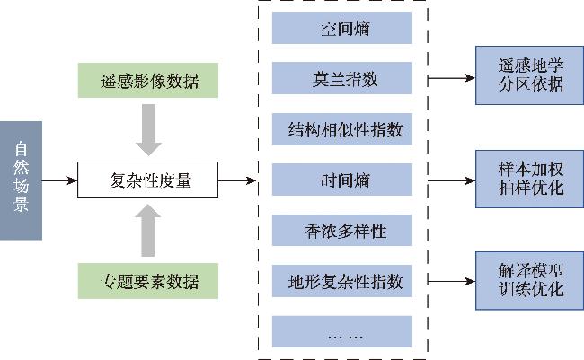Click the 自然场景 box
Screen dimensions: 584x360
[21, 180]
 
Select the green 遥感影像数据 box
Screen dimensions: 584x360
[148, 81]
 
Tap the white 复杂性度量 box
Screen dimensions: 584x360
[148, 180]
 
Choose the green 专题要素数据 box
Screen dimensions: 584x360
[148, 281]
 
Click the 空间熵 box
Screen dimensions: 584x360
[342, 28]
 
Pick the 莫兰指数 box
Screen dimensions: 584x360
[342, 78]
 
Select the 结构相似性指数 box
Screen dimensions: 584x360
[342, 129]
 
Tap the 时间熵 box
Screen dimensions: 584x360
[342, 180]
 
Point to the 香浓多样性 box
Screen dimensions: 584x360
[342, 230]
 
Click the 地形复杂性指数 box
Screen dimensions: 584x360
[342, 281]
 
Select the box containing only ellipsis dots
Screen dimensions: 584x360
[342, 331]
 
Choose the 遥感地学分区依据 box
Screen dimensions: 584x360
[529, 75]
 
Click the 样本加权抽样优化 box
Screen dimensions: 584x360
[529, 179]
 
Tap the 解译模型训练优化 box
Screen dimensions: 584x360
[529, 281]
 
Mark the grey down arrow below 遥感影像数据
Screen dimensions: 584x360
[148, 130]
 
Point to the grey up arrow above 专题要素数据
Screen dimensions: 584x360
[148, 231]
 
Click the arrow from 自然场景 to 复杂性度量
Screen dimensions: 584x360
[59, 181]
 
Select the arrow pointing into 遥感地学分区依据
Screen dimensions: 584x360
[451, 78]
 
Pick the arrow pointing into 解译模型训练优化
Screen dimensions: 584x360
[451, 281]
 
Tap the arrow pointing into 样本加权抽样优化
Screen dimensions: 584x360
[451, 181]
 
